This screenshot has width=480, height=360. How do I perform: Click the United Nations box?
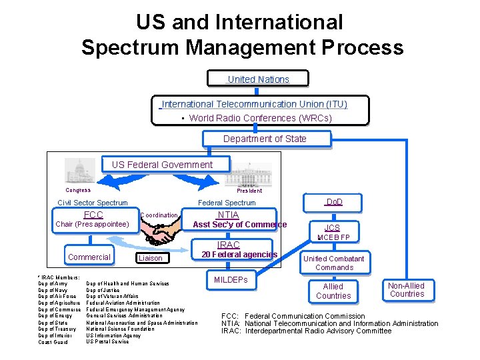coord(259,79)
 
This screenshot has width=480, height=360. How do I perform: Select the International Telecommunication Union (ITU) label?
coord(255,104)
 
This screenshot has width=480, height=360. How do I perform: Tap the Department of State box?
coord(265,139)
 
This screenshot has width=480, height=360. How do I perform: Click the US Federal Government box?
coord(162,165)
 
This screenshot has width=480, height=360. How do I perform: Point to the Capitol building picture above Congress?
coord(79,171)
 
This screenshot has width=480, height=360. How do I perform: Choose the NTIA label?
coord(228,215)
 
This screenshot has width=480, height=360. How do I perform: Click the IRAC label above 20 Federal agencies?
coord(228,245)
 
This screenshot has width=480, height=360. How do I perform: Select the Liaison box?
coord(150,258)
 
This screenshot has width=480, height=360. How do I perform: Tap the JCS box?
coord(333,227)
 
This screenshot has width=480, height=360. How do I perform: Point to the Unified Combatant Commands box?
coord(334,263)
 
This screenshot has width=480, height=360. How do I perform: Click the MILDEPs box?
coord(231,280)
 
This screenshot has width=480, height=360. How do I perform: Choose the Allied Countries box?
coord(333,291)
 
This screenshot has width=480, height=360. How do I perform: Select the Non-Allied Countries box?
coord(407,289)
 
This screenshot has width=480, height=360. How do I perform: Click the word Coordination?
coord(159,215)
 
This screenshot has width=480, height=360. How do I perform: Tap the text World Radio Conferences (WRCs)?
coord(260,118)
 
